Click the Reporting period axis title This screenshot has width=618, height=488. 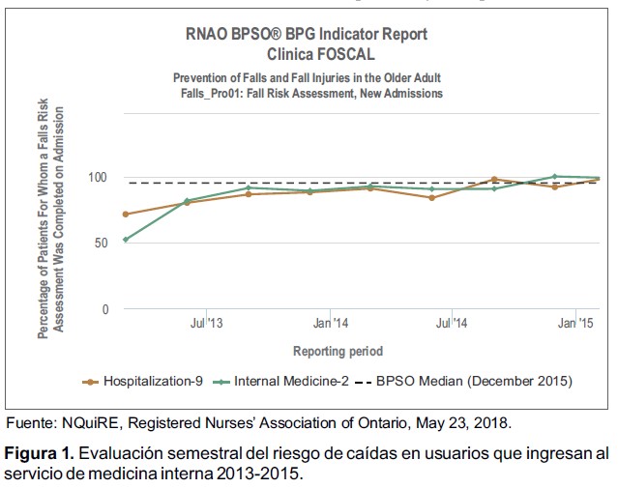click(x=338, y=351)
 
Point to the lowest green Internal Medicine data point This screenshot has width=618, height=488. click(x=126, y=239)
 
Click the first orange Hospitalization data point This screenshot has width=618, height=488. click(x=126, y=214)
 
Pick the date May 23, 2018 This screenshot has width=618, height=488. click(x=466, y=422)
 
